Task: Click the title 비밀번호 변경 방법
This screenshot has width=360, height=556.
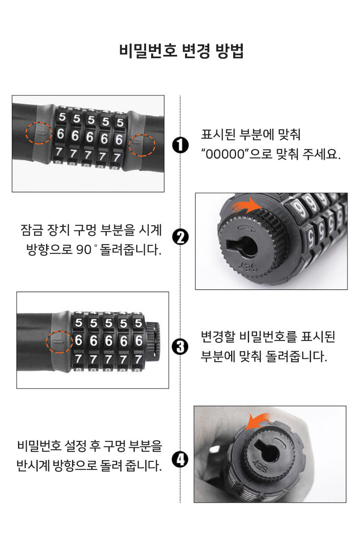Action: (x=181, y=51)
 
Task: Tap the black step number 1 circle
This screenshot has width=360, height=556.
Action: (x=180, y=145)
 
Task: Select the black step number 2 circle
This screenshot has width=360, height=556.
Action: (x=180, y=237)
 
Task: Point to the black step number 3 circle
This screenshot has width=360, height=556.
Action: (x=180, y=347)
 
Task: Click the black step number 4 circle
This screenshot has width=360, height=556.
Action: (x=180, y=459)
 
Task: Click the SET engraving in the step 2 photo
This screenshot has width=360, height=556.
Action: (x=248, y=267)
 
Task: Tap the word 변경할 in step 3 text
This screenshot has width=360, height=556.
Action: (x=218, y=337)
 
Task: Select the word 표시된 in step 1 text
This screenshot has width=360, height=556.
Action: (x=218, y=135)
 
